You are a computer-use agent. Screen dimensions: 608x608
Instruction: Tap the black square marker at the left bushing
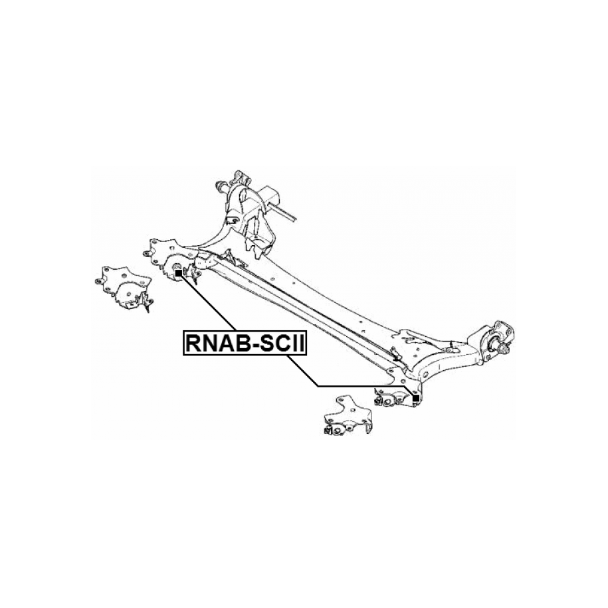178,273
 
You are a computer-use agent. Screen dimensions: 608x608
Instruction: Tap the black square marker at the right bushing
415,398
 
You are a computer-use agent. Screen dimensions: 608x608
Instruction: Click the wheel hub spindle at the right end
501,345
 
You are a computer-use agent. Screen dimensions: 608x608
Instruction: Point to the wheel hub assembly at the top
249,213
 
